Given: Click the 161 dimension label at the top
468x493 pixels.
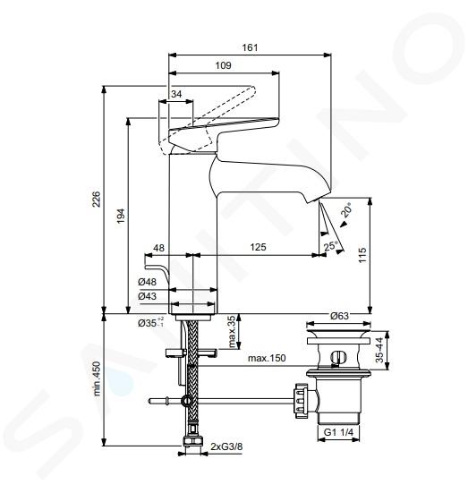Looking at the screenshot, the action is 250,47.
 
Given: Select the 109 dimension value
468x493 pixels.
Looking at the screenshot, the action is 223,65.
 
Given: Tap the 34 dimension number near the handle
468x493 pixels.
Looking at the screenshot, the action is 176,94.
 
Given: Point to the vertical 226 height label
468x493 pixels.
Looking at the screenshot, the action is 97,199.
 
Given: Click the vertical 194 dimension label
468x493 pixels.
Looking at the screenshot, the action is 121,216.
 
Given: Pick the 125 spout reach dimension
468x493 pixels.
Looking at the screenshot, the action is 258,247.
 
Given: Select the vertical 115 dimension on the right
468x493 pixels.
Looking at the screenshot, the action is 362,255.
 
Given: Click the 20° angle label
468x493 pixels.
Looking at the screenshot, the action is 346,210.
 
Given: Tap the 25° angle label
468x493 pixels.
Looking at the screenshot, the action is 330,245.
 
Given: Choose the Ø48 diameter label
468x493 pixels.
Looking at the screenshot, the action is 147,282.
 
